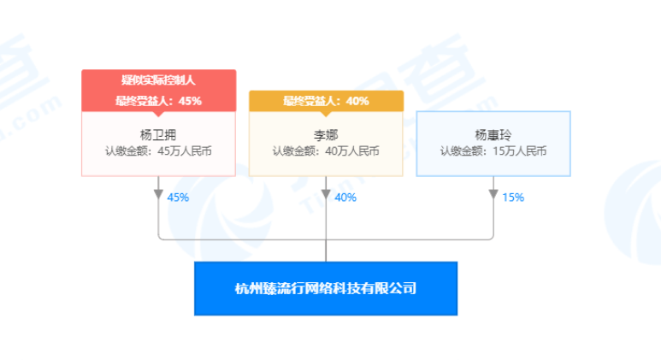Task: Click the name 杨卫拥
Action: pos(158,134)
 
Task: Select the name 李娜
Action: pos(326,134)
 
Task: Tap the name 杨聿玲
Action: pos(493,134)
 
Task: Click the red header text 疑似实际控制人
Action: pos(158,80)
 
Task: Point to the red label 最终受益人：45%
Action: pos(158,101)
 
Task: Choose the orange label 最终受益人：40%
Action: pos(326,101)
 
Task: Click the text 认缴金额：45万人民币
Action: pos(158,151)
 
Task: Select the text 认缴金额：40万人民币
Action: pos(326,151)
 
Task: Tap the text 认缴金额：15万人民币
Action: pos(493,151)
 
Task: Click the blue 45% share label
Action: pos(178,198)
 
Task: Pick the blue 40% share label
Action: pos(345,198)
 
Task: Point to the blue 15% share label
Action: pos(513,198)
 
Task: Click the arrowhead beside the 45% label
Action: pos(158,194)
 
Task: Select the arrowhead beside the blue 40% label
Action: pos(326,194)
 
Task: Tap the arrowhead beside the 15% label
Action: pos(493,194)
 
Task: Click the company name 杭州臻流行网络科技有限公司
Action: pos(326,288)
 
